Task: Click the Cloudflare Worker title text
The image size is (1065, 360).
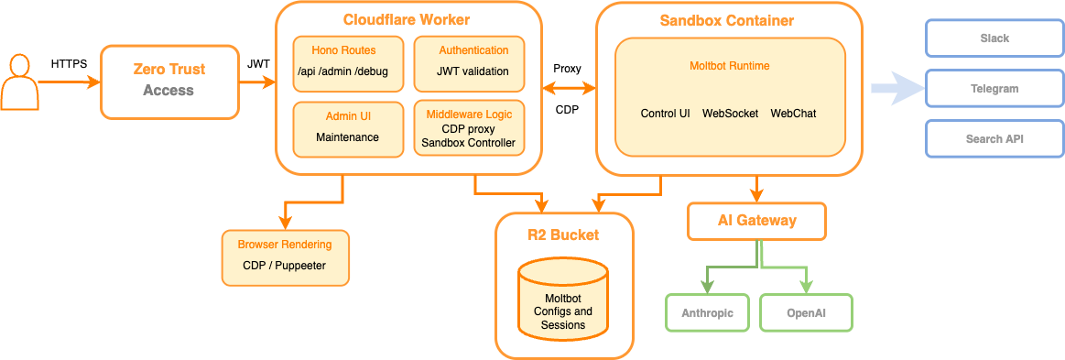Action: point(407,20)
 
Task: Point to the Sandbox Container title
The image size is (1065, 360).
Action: point(727,20)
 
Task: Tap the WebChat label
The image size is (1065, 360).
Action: point(793,114)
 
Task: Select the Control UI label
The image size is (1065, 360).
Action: point(665,114)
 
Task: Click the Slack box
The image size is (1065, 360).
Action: point(994,38)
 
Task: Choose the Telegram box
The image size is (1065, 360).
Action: point(994,89)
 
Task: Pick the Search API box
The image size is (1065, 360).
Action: point(994,139)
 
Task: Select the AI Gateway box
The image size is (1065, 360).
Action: point(756,221)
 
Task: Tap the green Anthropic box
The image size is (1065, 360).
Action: point(706,312)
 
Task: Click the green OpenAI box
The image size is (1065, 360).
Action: point(806,312)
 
